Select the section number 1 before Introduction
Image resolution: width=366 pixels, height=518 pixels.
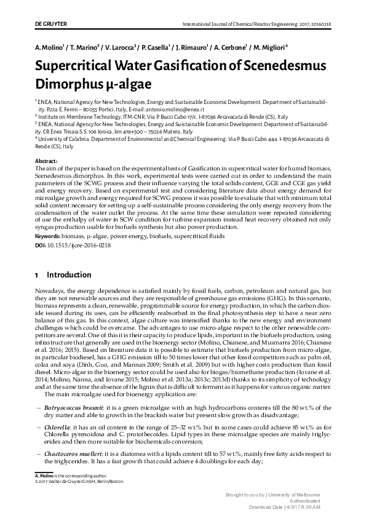tap(37, 274)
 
